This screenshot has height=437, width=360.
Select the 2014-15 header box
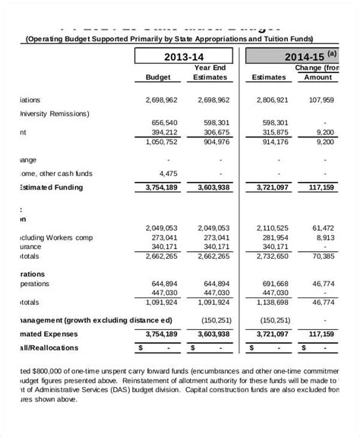[x=299, y=56]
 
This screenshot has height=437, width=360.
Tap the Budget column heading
[x=159, y=77]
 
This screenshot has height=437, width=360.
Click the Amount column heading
[x=318, y=77]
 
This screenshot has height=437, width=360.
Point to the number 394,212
[x=159, y=131]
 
